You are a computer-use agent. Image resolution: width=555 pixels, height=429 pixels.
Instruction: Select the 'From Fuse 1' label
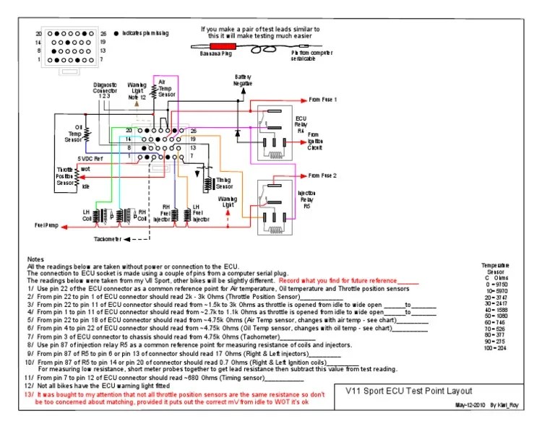(323, 99)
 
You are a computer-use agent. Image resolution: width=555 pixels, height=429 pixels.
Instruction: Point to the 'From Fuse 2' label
(323, 175)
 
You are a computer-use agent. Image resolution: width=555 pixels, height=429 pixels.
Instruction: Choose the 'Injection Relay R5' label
(305, 197)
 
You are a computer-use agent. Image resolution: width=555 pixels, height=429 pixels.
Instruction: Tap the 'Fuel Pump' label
(46, 226)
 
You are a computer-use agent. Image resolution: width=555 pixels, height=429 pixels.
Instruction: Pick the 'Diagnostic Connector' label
(105, 90)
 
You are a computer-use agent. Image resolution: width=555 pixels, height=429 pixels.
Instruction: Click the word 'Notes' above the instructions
(35, 259)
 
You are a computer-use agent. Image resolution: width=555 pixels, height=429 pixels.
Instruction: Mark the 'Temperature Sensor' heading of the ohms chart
(496, 269)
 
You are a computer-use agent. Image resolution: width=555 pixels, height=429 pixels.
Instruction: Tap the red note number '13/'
(30, 396)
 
